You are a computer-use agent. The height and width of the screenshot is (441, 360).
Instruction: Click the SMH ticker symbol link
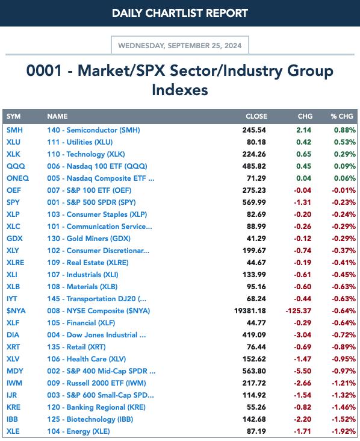tap(14, 130)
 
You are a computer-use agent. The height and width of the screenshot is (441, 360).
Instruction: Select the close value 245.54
tap(254, 130)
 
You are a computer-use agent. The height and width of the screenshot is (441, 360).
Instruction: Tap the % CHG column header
tap(342, 116)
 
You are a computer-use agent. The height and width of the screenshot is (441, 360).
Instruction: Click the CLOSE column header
tap(256, 116)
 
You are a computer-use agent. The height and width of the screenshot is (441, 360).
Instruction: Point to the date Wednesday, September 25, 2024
tap(180, 46)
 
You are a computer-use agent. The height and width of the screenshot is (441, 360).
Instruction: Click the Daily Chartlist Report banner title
tap(180, 13)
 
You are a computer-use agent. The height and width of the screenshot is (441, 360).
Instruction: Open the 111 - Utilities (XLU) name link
tap(80, 142)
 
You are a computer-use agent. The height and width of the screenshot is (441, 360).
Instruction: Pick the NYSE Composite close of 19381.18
tap(250, 311)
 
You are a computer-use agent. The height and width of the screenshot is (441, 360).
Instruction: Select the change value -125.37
tap(298, 311)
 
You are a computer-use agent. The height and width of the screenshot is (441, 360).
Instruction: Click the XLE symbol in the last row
tap(13, 431)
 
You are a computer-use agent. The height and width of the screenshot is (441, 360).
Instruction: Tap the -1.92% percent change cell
tap(344, 431)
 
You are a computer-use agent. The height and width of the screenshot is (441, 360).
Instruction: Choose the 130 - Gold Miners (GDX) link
tap(89, 239)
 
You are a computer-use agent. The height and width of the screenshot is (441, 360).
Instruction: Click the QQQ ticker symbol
tap(16, 166)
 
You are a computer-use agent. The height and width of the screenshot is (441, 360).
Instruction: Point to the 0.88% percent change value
tap(344, 130)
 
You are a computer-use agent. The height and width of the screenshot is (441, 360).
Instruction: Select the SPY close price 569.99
tap(254, 202)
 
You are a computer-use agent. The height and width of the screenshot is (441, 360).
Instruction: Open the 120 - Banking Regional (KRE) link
tap(96, 407)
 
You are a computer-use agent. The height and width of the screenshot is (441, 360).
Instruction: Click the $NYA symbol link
tap(16, 311)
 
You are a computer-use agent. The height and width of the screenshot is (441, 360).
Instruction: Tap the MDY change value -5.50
tap(302, 371)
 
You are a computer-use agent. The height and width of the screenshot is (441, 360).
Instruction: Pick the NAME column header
tap(57, 116)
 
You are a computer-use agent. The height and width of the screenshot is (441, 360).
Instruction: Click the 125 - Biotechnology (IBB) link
tap(90, 419)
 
